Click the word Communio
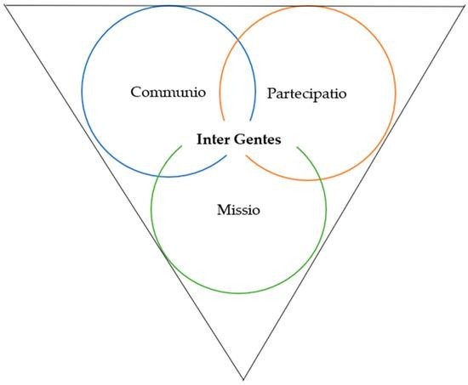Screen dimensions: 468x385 pos(168,92)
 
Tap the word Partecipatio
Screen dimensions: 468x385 pos(306,93)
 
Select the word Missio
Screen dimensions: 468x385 pos(238,210)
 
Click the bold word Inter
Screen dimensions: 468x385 pos(213,139)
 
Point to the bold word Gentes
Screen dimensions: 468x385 pos(257,139)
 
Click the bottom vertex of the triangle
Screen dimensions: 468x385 pos(243,380)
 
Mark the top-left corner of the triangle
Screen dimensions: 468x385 pos(4,6)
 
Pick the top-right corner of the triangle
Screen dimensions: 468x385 pos(464,6)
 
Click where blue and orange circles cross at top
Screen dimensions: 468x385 pos(238,39)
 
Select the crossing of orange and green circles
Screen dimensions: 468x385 pos(320,178)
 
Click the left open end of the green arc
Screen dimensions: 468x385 pos(181,146)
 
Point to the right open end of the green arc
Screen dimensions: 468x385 pos(297,147)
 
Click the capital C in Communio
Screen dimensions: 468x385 pos(136,92)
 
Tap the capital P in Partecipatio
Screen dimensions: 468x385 pos(271,93)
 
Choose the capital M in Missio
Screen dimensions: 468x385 pos(224,210)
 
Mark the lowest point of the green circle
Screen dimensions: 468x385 pos(239,293)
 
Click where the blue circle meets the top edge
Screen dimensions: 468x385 pos(169,6)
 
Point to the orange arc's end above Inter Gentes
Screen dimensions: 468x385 pos(224,121)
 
